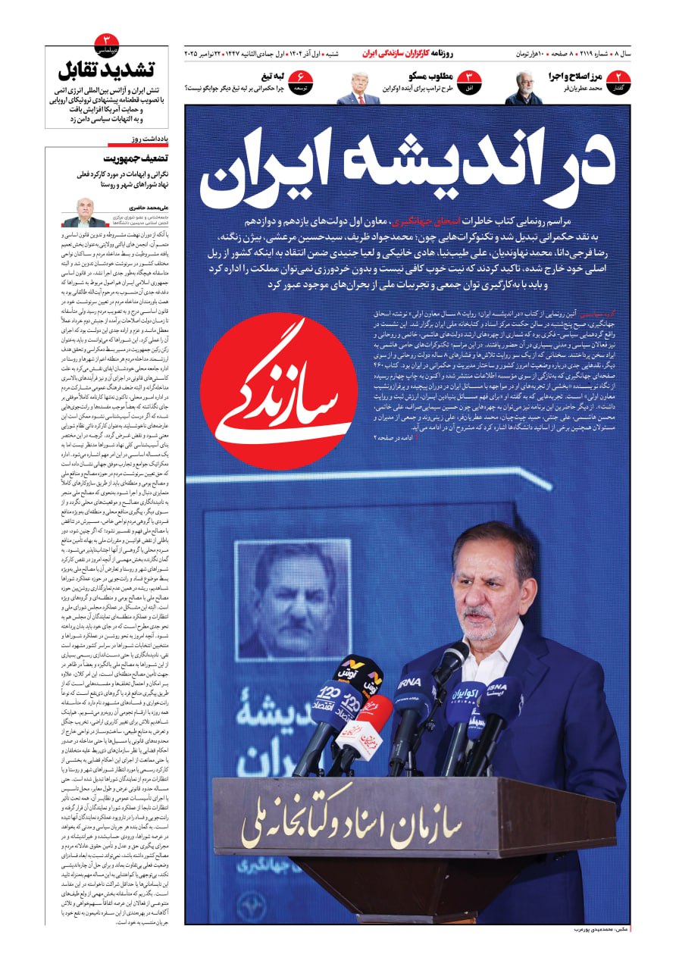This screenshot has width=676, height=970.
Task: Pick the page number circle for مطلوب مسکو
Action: coord(470,80)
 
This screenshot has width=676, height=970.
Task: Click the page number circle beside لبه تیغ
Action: coord(301,80)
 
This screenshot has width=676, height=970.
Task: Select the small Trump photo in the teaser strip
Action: coord(359,87)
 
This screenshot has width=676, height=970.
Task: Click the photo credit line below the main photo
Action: coord(594,929)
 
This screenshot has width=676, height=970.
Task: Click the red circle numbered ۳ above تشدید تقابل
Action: coord(106,42)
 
